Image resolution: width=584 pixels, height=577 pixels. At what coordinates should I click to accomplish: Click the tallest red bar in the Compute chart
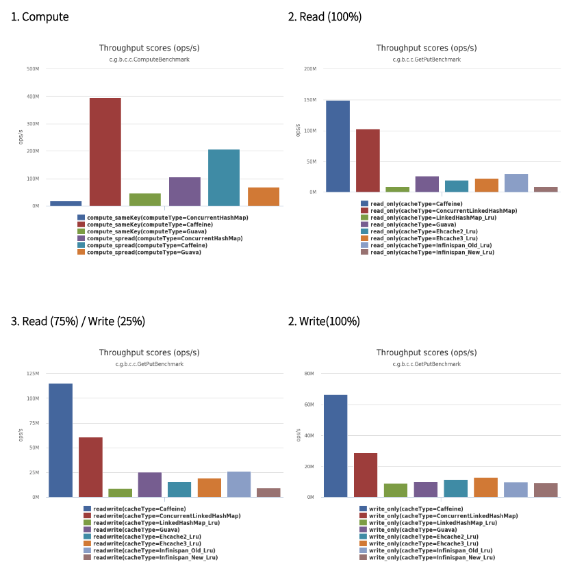(105, 152)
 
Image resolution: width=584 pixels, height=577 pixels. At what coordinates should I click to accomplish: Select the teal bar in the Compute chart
(224, 177)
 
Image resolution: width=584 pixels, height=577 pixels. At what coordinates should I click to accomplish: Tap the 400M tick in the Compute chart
(33, 97)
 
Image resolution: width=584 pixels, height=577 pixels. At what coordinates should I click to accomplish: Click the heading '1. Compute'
(40, 17)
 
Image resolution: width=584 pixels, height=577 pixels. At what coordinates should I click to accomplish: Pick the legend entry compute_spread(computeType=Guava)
(144, 252)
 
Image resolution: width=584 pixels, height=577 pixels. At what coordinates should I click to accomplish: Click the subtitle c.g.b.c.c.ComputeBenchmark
(149, 60)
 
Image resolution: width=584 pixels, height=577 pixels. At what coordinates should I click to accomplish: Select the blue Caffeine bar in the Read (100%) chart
(338, 146)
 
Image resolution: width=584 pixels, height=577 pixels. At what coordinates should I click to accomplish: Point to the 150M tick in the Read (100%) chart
(309, 100)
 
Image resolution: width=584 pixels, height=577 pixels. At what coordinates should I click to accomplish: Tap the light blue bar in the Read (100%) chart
(516, 183)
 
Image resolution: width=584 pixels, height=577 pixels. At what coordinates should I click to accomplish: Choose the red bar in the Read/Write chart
(90, 467)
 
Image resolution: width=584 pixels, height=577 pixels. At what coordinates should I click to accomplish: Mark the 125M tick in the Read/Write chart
(33, 374)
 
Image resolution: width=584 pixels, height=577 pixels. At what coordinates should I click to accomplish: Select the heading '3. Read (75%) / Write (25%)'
(78, 321)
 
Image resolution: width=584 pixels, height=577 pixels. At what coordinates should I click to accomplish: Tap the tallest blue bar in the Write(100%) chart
(335, 446)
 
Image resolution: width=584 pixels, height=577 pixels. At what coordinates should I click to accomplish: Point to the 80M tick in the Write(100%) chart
(309, 374)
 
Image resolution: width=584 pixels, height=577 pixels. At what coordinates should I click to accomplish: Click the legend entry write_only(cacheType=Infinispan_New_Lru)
(433, 557)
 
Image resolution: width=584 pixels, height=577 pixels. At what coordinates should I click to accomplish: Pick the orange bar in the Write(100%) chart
(485, 487)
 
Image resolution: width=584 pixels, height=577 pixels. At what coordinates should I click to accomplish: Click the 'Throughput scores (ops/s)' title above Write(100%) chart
(427, 352)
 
